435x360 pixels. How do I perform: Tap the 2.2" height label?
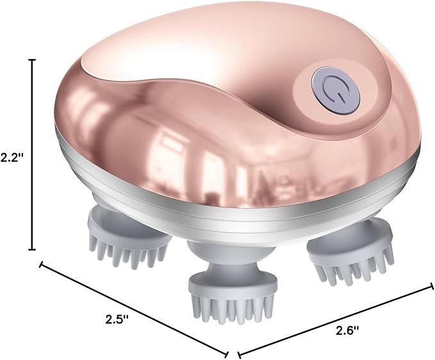(x=12, y=158)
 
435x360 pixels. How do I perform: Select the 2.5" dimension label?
(x=117, y=319)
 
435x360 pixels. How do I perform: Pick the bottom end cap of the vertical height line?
(x=33, y=250)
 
